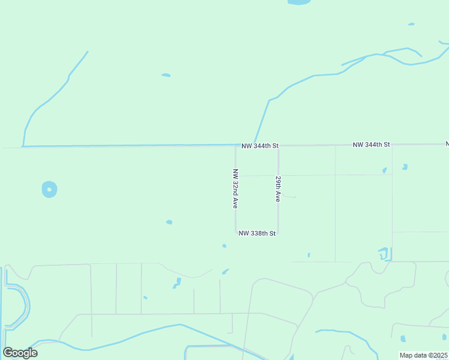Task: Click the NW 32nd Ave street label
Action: tap(235, 188)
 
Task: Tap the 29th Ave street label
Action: tap(278, 188)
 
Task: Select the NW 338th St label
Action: tap(257, 233)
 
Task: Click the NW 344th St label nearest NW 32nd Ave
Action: tap(261, 145)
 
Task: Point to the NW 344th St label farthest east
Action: tap(372, 145)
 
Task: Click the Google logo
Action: tap(20, 352)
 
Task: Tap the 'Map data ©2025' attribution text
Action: tap(424, 355)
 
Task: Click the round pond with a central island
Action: tap(49, 190)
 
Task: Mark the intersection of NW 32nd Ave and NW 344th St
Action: tap(235, 145)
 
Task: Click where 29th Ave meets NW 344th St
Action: tap(278, 145)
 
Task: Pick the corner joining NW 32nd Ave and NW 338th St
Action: tap(235, 233)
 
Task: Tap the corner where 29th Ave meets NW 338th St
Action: tap(278, 233)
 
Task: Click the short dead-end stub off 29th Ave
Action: tap(288, 196)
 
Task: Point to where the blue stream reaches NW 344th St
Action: tap(255, 144)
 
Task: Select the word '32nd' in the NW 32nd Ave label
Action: tap(235, 189)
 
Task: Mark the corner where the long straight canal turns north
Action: tap(23, 145)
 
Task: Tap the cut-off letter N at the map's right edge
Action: tap(447, 144)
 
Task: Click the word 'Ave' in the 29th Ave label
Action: tap(278, 196)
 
